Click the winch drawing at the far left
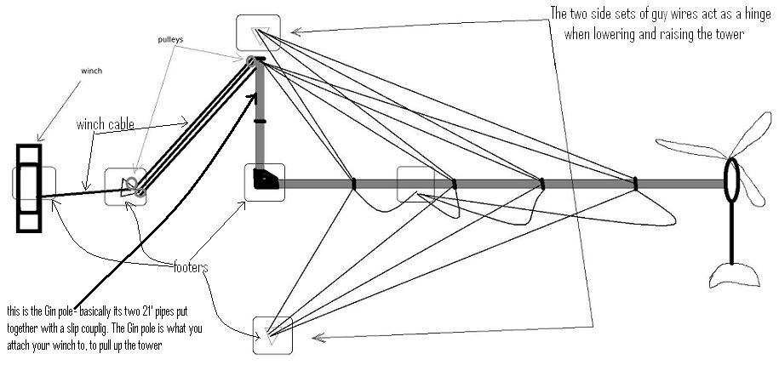pos(30,188)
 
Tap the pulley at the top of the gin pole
pos(252,62)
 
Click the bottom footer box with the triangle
pos(272,334)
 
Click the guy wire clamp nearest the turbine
pos(635,182)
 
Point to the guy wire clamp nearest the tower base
pos(352,182)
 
